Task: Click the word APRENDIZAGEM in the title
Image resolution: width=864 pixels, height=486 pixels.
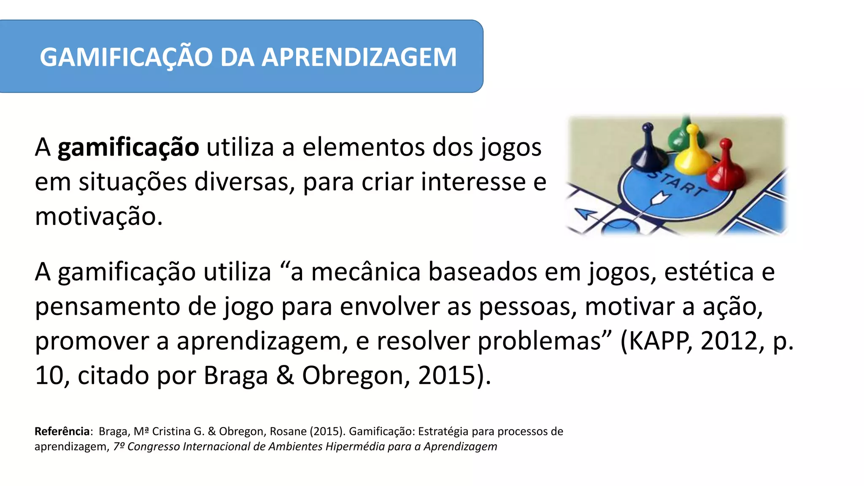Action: coord(359,57)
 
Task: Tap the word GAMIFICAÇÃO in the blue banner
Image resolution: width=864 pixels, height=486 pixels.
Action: coord(126,57)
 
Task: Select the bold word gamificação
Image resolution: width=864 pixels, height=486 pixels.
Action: coord(128,148)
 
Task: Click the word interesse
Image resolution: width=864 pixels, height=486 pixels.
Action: coord(473,182)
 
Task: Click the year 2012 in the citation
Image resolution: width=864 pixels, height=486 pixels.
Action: coord(729,341)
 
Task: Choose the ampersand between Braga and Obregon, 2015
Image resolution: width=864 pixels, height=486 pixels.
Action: coord(285,375)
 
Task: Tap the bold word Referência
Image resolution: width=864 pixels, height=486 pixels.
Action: coord(62,431)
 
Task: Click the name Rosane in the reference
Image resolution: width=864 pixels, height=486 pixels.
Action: coord(288,431)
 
